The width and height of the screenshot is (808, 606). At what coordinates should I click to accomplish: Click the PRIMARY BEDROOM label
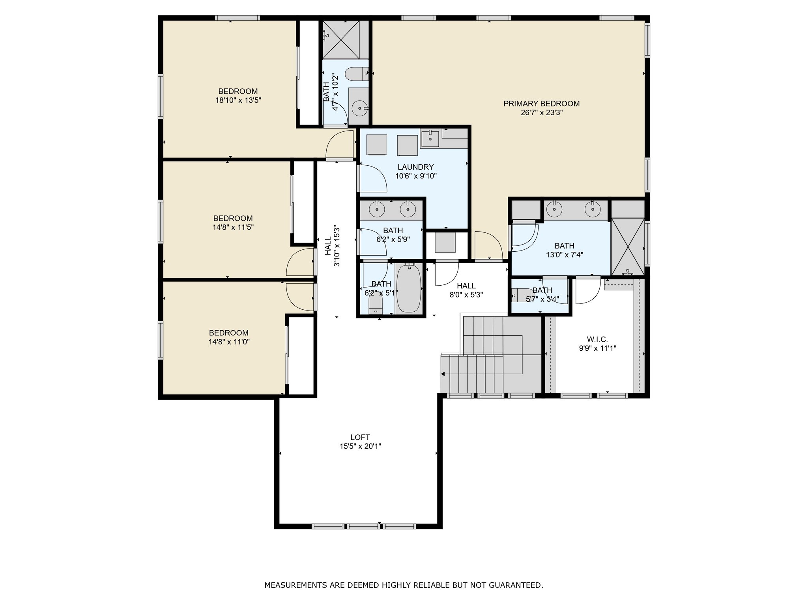[541, 104]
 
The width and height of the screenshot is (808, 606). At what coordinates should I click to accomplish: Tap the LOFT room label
[360, 437]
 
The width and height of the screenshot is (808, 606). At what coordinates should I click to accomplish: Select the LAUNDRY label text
[415, 167]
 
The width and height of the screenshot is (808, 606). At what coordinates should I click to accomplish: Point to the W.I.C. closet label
[597, 339]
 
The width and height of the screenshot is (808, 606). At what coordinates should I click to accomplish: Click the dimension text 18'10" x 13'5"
[238, 100]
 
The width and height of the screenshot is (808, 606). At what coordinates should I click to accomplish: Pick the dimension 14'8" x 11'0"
[229, 342]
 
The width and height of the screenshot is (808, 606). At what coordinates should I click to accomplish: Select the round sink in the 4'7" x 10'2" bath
[359, 107]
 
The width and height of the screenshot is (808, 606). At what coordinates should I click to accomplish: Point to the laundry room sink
[430, 138]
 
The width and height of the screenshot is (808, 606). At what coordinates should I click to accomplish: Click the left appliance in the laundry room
[377, 145]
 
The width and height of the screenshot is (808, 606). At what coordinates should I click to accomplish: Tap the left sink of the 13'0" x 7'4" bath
[555, 209]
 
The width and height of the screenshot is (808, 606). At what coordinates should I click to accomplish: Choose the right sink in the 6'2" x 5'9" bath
[408, 209]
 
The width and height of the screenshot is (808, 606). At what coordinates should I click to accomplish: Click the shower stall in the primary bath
[628, 247]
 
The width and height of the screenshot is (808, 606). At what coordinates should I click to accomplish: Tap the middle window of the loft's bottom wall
[364, 526]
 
